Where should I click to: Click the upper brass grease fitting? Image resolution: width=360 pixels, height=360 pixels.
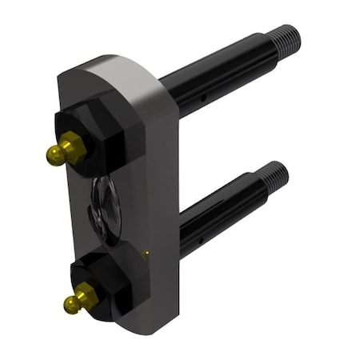[x=65, y=148]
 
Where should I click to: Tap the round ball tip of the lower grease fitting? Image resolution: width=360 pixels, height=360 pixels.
[x=70, y=303]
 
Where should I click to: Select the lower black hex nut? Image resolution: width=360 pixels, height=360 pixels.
[x=108, y=280]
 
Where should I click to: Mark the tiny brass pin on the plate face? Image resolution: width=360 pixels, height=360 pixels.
[x=146, y=254]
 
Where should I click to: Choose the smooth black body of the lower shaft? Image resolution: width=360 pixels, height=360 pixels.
[x=216, y=216]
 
